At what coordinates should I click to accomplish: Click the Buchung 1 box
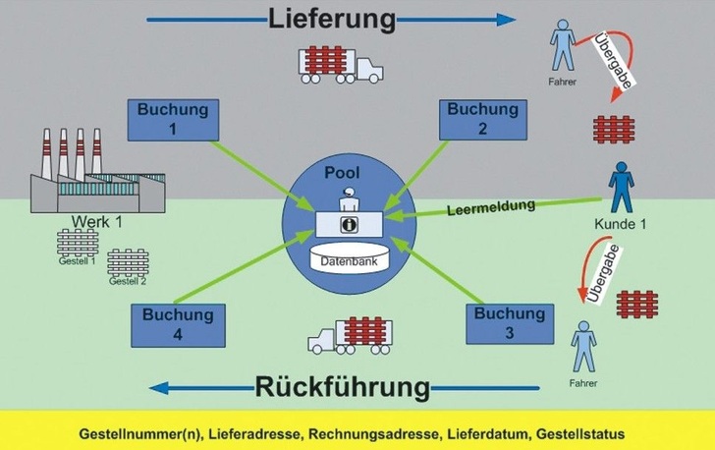point(173,120)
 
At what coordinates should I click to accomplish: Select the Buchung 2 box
point(481,120)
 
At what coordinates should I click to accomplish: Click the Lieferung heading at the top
point(332,19)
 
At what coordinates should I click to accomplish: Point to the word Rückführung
point(343,386)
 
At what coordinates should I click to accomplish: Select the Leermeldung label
point(491,207)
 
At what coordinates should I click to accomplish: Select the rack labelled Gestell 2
point(128,263)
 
